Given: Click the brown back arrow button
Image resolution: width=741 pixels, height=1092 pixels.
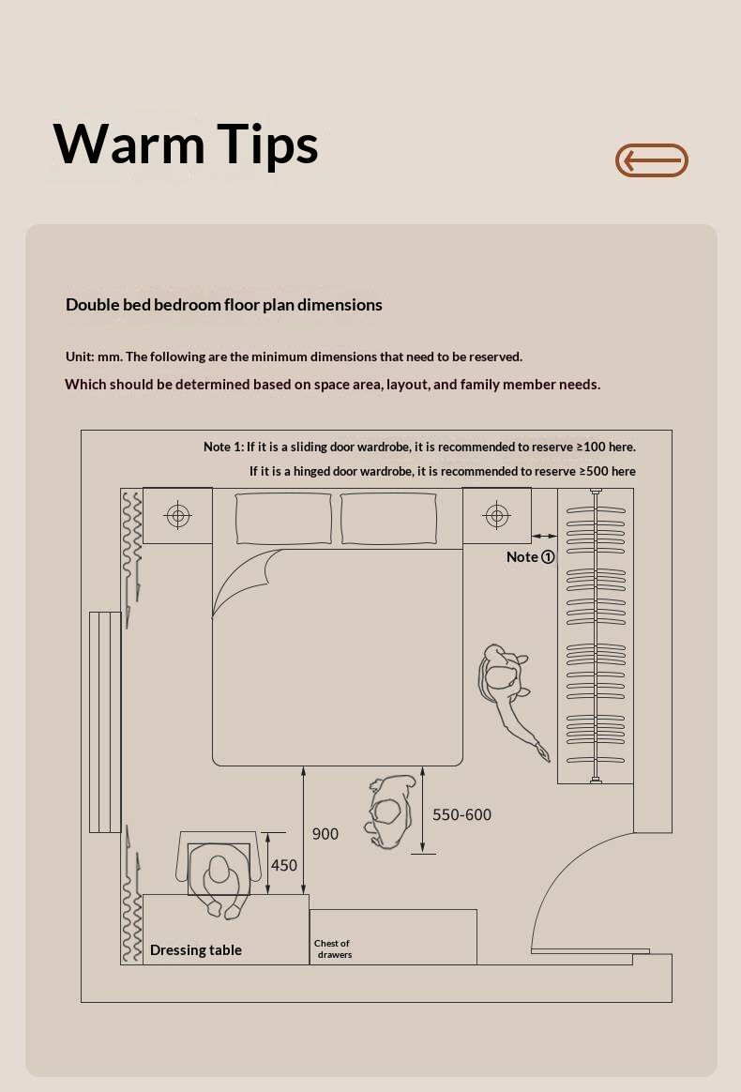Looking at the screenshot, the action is pyautogui.click(x=651, y=160).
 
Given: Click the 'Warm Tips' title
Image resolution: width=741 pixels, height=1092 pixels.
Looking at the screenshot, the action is pyautogui.click(x=186, y=144).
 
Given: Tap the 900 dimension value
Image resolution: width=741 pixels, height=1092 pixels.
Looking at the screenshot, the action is pyautogui.click(x=325, y=834).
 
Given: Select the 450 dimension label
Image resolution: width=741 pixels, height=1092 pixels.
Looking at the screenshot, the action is pyautogui.click(x=283, y=865).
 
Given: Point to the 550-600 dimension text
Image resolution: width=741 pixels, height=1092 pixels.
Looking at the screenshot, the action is pyautogui.click(x=461, y=814).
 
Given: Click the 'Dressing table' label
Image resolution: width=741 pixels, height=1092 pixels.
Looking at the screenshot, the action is pyautogui.click(x=196, y=950).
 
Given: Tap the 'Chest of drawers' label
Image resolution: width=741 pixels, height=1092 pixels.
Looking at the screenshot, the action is pyautogui.click(x=333, y=948).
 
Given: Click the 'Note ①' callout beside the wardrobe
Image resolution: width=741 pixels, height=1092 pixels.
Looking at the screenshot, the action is pyautogui.click(x=531, y=556).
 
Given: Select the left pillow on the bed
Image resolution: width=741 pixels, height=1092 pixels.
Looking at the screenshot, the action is pyautogui.click(x=283, y=518).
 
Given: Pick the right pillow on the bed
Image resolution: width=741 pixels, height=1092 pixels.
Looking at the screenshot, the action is pyautogui.click(x=388, y=518).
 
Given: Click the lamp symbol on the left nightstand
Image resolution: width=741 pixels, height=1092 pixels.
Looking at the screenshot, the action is pyautogui.click(x=178, y=515).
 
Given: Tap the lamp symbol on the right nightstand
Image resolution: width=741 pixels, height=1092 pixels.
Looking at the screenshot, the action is pyautogui.click(x=496, y=515).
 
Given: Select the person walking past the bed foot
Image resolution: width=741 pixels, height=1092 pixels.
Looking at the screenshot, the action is pyautogui.click(x=390, y=811).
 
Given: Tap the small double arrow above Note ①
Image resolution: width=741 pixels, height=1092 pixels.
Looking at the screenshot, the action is pyautogui.click(x=544, y=536).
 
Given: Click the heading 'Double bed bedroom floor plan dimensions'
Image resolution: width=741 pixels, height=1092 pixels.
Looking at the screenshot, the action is pyautogui.click(x=223, y=305).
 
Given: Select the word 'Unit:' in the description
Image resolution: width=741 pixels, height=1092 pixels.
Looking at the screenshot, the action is pyautogui.click(x=80, y=356).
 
